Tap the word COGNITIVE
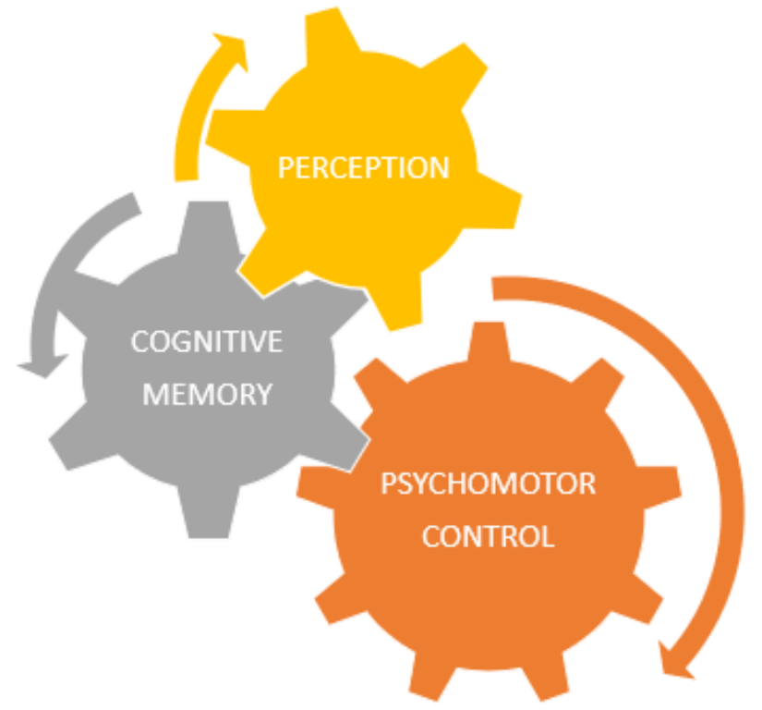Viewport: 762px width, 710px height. [x=206, y=342]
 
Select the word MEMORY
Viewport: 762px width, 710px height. [x=206, y=395]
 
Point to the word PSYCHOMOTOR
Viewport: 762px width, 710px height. [x=489, y=484]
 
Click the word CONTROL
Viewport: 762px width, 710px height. [x=489, y=536]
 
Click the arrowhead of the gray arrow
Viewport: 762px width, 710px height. [x=42, y=366]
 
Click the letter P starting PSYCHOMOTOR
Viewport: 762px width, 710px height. [x=388, y=484]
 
